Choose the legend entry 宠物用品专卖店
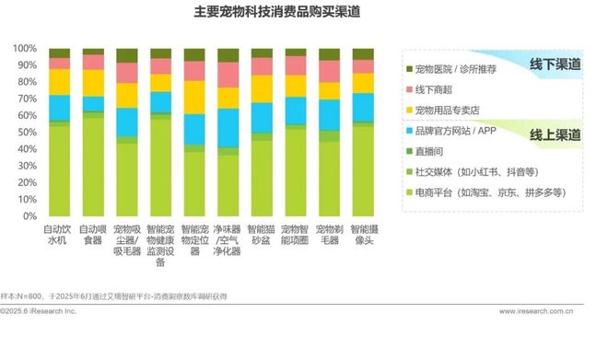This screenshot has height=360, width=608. coord(450,110)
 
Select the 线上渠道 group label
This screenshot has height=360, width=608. coord(555,134)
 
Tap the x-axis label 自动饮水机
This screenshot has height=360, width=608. coord(60,234)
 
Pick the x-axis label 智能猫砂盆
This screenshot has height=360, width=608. coord(262,234)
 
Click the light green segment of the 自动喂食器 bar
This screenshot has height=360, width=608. coord(93,166)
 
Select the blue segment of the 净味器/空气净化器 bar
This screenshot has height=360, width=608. coord(228,127)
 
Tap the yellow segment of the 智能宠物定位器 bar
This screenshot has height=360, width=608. coord(193,97)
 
